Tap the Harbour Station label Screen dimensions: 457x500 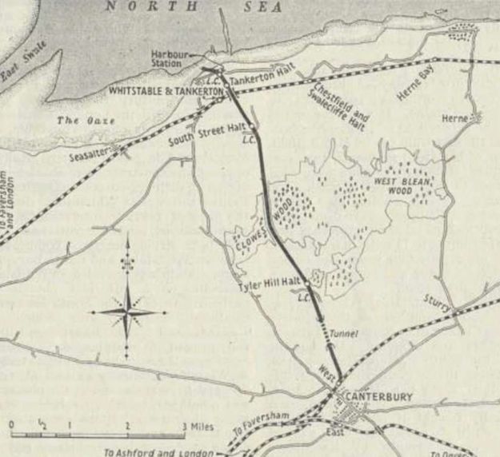[x=170, y=59]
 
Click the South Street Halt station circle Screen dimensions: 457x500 [x=251, y=127]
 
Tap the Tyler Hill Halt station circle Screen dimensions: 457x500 [x=306, y=282]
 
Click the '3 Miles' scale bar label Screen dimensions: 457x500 [x=197, y=426]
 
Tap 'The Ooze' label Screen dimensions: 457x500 [x=78, y=121]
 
